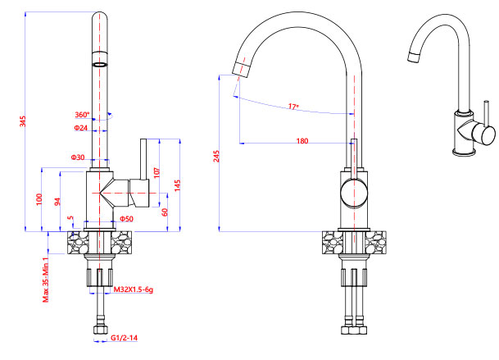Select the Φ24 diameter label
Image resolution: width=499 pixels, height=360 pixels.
pos(80,128)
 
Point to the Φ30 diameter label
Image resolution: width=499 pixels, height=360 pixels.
pos(78,157)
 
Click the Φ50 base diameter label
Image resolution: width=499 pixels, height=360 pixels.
pos(126,219)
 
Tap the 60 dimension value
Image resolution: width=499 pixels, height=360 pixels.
pos(165,212)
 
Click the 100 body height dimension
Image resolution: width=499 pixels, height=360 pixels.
pos(39,199)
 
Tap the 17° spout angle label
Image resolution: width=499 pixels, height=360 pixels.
pos(293,107)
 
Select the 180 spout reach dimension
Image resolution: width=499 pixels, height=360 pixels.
pos(302,141)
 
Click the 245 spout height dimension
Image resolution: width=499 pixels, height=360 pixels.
pos(215,155)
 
